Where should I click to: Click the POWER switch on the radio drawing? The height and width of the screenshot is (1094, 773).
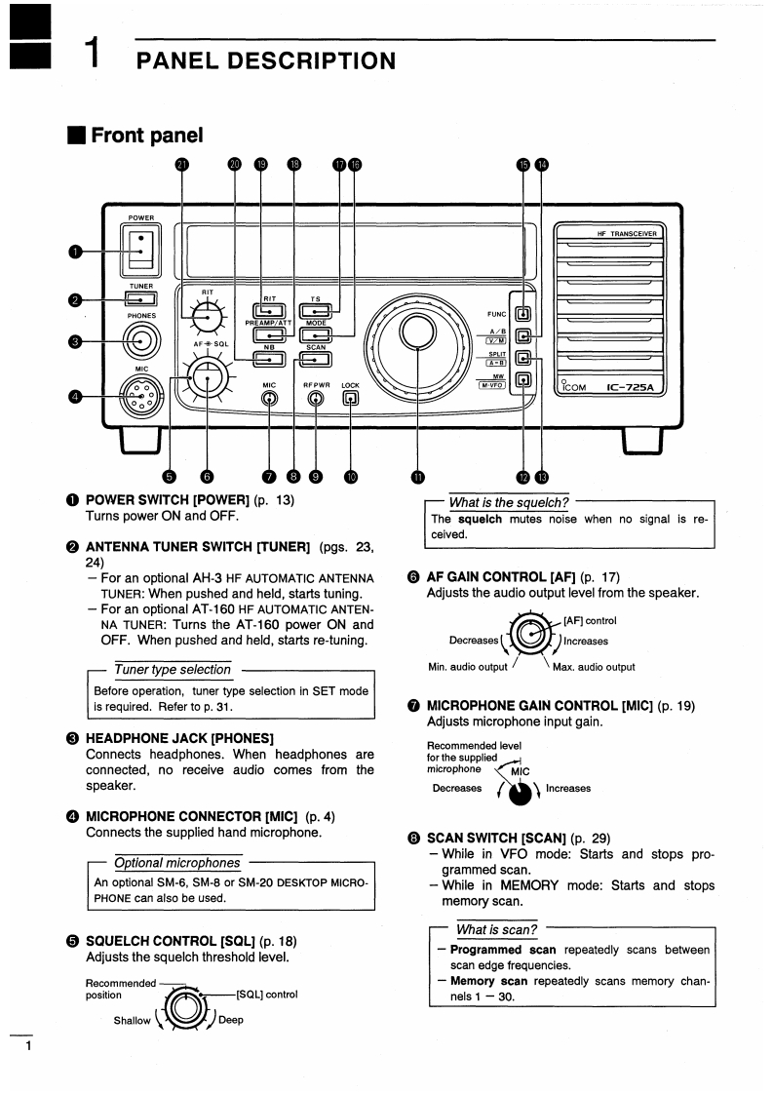138,250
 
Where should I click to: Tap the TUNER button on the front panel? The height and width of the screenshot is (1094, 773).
140,298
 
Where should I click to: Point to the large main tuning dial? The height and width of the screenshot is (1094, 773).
416,332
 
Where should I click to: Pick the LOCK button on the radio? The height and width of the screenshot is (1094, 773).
351,398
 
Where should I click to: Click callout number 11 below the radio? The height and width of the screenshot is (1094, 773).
418,477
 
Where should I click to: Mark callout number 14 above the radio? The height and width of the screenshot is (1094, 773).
542,165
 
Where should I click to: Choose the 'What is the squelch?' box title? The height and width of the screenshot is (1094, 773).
508,501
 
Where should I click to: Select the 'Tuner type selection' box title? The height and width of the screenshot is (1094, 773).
173,670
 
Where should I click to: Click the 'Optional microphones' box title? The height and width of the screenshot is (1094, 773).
176,863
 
